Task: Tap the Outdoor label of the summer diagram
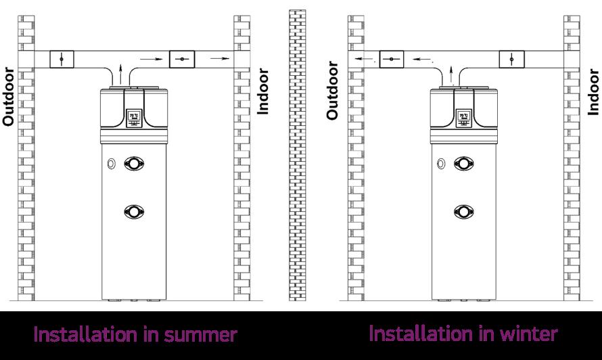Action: tap(9, 96)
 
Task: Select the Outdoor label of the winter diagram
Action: tap(332, 91)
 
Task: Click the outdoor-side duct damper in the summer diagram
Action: tap(62, 60)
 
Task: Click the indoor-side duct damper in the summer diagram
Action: tap(181, 60)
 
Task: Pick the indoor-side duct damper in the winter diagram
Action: tap(511, 60)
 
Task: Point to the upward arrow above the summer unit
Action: tap(120, 72)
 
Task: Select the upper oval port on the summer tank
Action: tap(133, 163)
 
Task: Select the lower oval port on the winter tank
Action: tap(464, 211)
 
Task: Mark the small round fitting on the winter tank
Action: tap(441, 163)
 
